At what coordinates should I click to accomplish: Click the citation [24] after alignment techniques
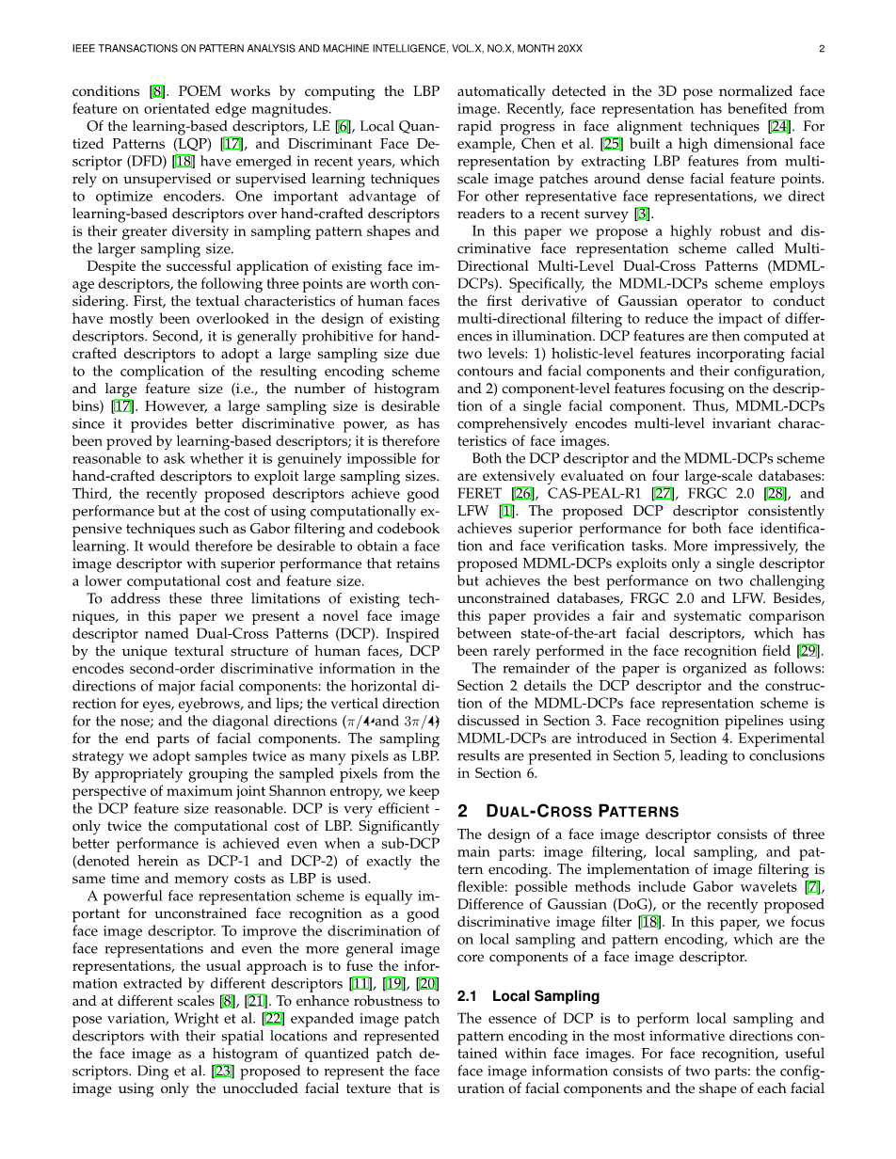click(779, 128)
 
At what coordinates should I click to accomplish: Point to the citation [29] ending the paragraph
click(813, 651)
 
